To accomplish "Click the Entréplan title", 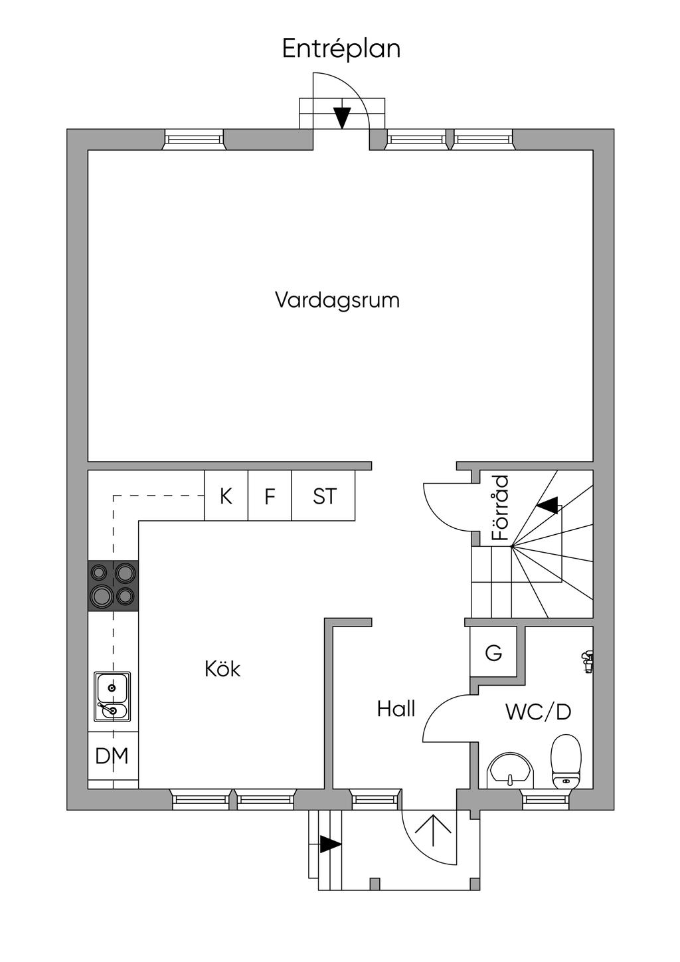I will click(x=341, y=49).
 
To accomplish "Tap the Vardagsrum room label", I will click(x=337, y=300).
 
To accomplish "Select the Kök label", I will click(x=222, y=668).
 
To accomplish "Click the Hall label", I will click(x=396, y=709).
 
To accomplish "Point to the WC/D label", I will click(x=538, y=712).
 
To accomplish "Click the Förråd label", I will click(x=500, y=508).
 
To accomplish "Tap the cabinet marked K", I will click(x=226, y=496).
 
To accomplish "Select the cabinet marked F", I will click(x=270, y=496).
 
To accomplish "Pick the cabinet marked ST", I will click(x=324, y=496).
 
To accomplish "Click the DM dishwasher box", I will click(x=112, y=755).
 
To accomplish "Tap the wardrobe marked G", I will click(x=493, y=653).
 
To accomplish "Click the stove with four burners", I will click(x=114, y=585).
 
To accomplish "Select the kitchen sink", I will click(x=112, y=696).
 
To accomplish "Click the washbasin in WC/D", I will click(x=510, y=771).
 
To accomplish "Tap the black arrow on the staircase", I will click(x=548, y=506).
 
